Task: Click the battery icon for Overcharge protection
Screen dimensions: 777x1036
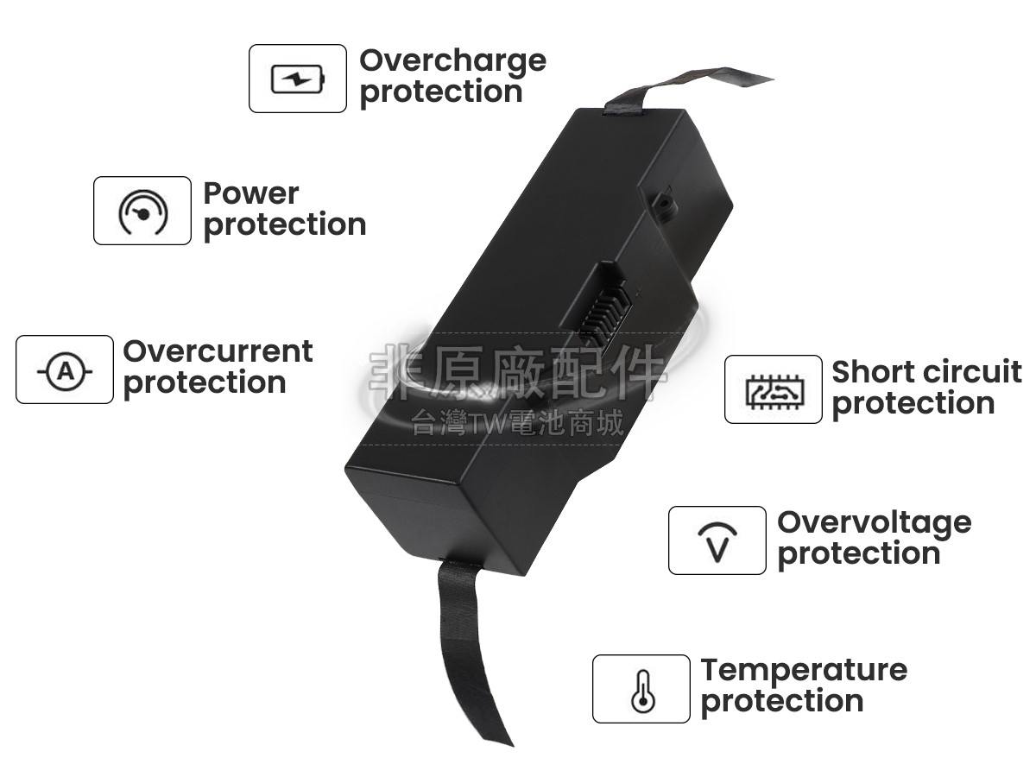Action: [x=298, y=79]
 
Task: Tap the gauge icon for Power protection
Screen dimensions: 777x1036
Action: [x=142, y=212]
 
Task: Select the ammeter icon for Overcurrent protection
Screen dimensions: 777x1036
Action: [x=65, y=370]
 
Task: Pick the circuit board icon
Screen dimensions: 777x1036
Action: [x=773, y=390]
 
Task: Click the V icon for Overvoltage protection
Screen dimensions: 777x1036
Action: [x=717, y=541]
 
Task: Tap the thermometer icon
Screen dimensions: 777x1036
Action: [x=641, y=690]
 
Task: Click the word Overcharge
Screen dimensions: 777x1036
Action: [x=452, y=60]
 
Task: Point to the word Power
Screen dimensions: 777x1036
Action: [x=251, y=193]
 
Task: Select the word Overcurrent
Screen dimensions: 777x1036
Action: [x=218, y=351]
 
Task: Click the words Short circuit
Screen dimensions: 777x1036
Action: [x=926, y=372]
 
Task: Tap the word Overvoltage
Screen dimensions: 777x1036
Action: [x=874, y=521]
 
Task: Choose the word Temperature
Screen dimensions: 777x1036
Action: [x=804, y=670]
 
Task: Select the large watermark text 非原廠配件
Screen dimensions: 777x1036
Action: [x=518, y=374]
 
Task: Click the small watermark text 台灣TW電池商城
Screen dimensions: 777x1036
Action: [x=518, y=423]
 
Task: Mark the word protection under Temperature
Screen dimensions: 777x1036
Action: [x=782, y=702]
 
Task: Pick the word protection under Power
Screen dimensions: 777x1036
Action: [x=285, y=225]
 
